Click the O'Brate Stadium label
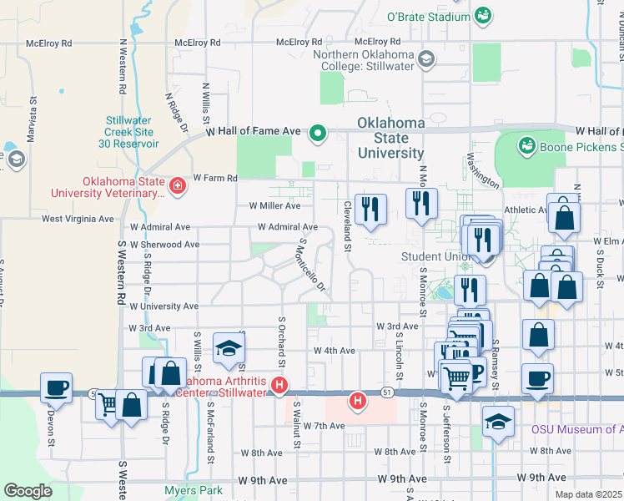coord(429,17)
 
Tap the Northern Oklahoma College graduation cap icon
coord(426,58)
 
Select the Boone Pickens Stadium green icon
coord(526,147)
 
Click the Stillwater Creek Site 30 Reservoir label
coord(128,131)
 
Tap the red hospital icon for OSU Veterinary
coord(177,186)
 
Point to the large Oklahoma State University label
coord(391,138)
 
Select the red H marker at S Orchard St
coord(280,387)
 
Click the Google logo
coord(28,490)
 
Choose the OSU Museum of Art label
coord(576,429)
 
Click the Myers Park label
coord(194,490)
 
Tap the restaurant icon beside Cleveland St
coord(369,209)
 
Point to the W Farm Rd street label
coord(215,178)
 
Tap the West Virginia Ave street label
coord(78,219)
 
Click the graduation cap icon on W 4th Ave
coord(228,349)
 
